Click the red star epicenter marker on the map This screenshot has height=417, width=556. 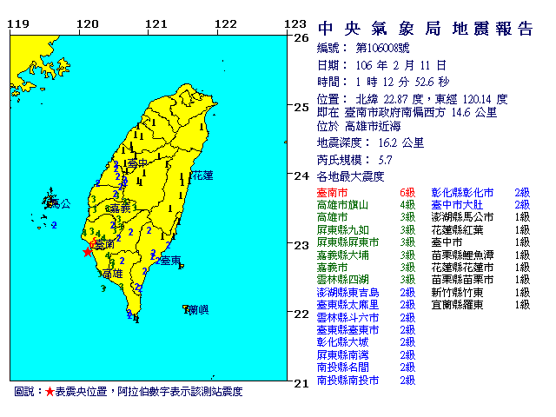[x=87, y=252]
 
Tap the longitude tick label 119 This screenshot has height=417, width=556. [x=17, y=23]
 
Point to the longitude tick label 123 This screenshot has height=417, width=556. [x=296, y=23]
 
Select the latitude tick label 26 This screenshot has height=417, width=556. [x=301, y=39]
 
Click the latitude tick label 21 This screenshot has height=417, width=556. [x=301, y=382]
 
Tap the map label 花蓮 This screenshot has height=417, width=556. [x=202, y=175]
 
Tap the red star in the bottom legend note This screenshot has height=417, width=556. [x=50, y=392]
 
